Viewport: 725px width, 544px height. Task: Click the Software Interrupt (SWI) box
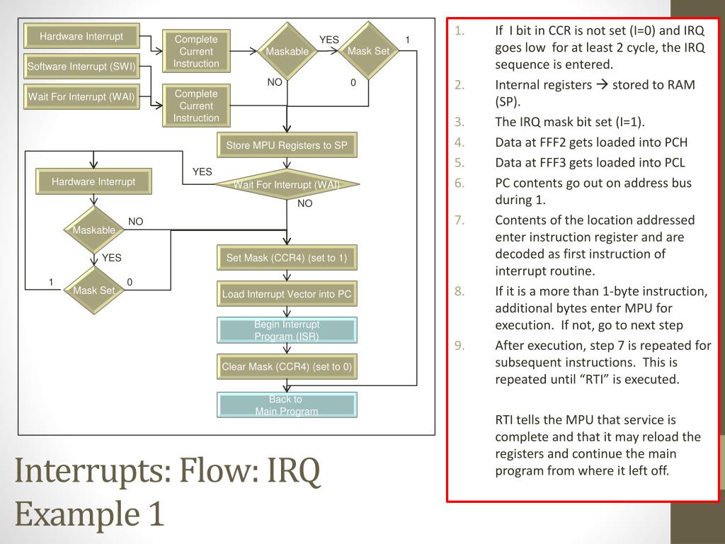(81, 67)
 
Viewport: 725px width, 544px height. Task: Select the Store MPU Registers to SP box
(287, 145)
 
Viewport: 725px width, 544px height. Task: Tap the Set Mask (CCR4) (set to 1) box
(287, 258)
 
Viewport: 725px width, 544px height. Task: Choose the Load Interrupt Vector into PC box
(287, 294)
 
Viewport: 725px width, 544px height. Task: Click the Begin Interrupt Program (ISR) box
(287, 330)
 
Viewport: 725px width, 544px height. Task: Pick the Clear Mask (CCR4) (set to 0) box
(287, 367)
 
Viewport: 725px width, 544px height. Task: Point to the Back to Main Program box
(287, 404)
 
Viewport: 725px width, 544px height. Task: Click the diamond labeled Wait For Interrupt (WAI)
(287, 185)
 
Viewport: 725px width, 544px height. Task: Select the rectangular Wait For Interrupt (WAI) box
(81, 96)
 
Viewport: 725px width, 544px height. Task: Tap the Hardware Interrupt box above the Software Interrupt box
(81, 36)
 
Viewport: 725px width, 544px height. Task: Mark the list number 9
(460, 346)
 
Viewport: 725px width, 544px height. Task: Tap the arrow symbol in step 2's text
(602, 85)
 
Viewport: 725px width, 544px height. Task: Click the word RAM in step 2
(681, 85)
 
